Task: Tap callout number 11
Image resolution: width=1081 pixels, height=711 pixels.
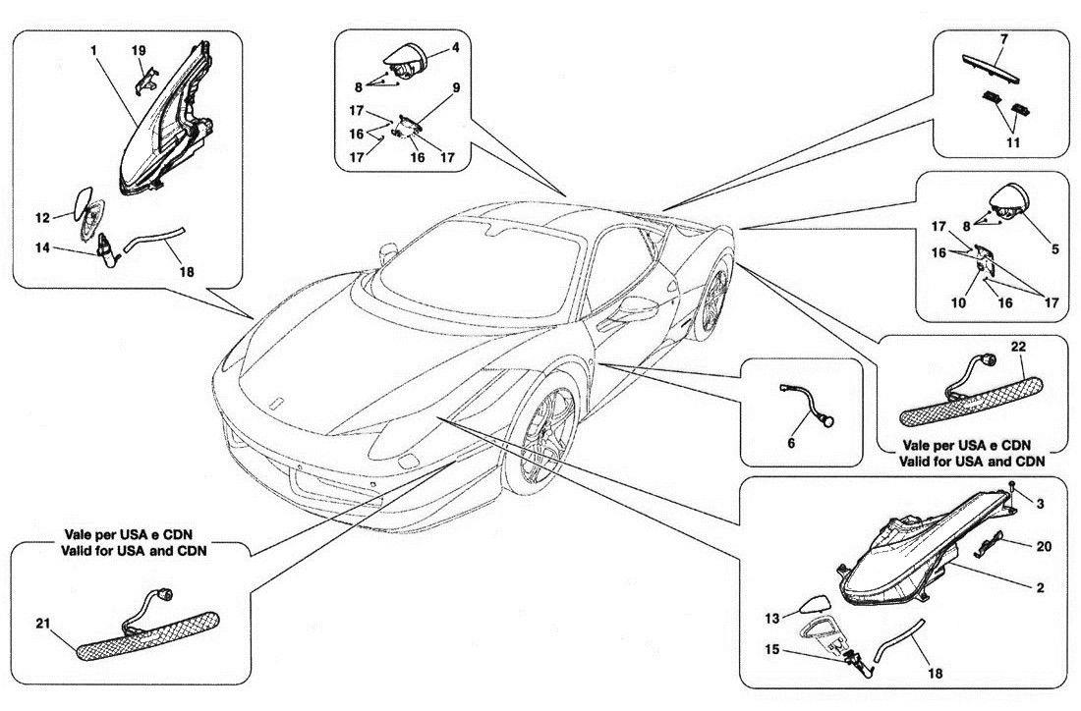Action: coord(1013,141)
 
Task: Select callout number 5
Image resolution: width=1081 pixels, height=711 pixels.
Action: coord(1054,249)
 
